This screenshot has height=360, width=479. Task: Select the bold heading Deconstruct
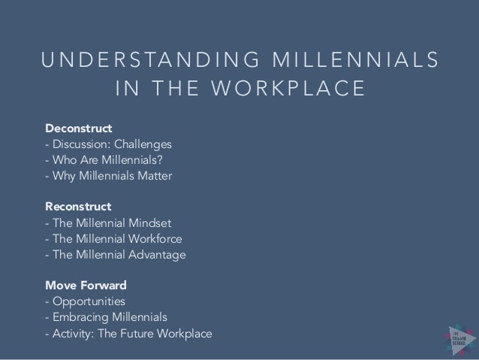[x=78, y=127]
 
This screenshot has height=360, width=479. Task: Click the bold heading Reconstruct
[x=78, y=206]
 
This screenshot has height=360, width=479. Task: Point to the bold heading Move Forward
[x=85, y=286]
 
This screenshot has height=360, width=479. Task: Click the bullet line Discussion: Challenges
[x=108, y=144]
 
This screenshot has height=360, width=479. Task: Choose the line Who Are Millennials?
[x=105, y=159]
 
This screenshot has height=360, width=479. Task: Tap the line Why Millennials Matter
[x=108, y=176]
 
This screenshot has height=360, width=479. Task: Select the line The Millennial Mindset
[x=109, y=222]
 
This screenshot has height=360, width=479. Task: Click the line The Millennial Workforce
[x=113, y=239]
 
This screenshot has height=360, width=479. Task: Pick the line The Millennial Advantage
[x=115, y=256]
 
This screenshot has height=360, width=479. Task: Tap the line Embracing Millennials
[x=107, y=318]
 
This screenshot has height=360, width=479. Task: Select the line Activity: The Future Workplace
[x=128, y=334]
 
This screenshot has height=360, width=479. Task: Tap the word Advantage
[x=159, y=256]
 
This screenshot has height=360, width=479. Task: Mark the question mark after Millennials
[x=162, y=159]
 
